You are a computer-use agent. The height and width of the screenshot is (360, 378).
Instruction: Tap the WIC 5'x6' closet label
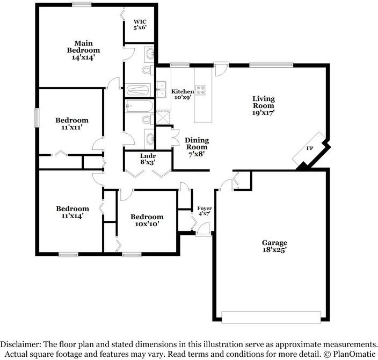click(140, 26)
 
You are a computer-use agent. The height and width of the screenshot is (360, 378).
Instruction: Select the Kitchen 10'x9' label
click(183, 95)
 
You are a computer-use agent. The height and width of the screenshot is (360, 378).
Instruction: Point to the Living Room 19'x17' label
click(264, 106)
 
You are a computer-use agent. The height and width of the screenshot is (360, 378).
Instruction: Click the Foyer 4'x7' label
click(205, 211)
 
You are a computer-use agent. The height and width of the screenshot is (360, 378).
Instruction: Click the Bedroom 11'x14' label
click(72, 212)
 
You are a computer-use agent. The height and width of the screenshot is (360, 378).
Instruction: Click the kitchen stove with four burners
click(200, 90)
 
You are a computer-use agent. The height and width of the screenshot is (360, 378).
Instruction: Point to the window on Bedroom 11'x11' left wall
click(37, 117)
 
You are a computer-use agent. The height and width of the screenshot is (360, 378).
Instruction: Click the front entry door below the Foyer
click(202, 231)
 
